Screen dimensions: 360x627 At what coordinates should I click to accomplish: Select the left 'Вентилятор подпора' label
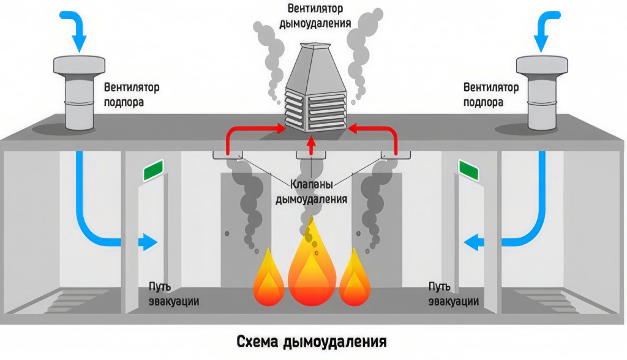coord(131,94)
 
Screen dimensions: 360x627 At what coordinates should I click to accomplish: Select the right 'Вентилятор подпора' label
coord(490,94)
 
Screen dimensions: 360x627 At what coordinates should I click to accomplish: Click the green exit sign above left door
coord(153,170)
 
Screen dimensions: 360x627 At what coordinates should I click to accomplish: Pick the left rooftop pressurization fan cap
coord(80,65)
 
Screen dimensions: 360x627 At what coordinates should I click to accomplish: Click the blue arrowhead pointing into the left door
coord(149,242)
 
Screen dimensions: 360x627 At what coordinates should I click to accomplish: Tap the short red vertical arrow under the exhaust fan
coord(311,143)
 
